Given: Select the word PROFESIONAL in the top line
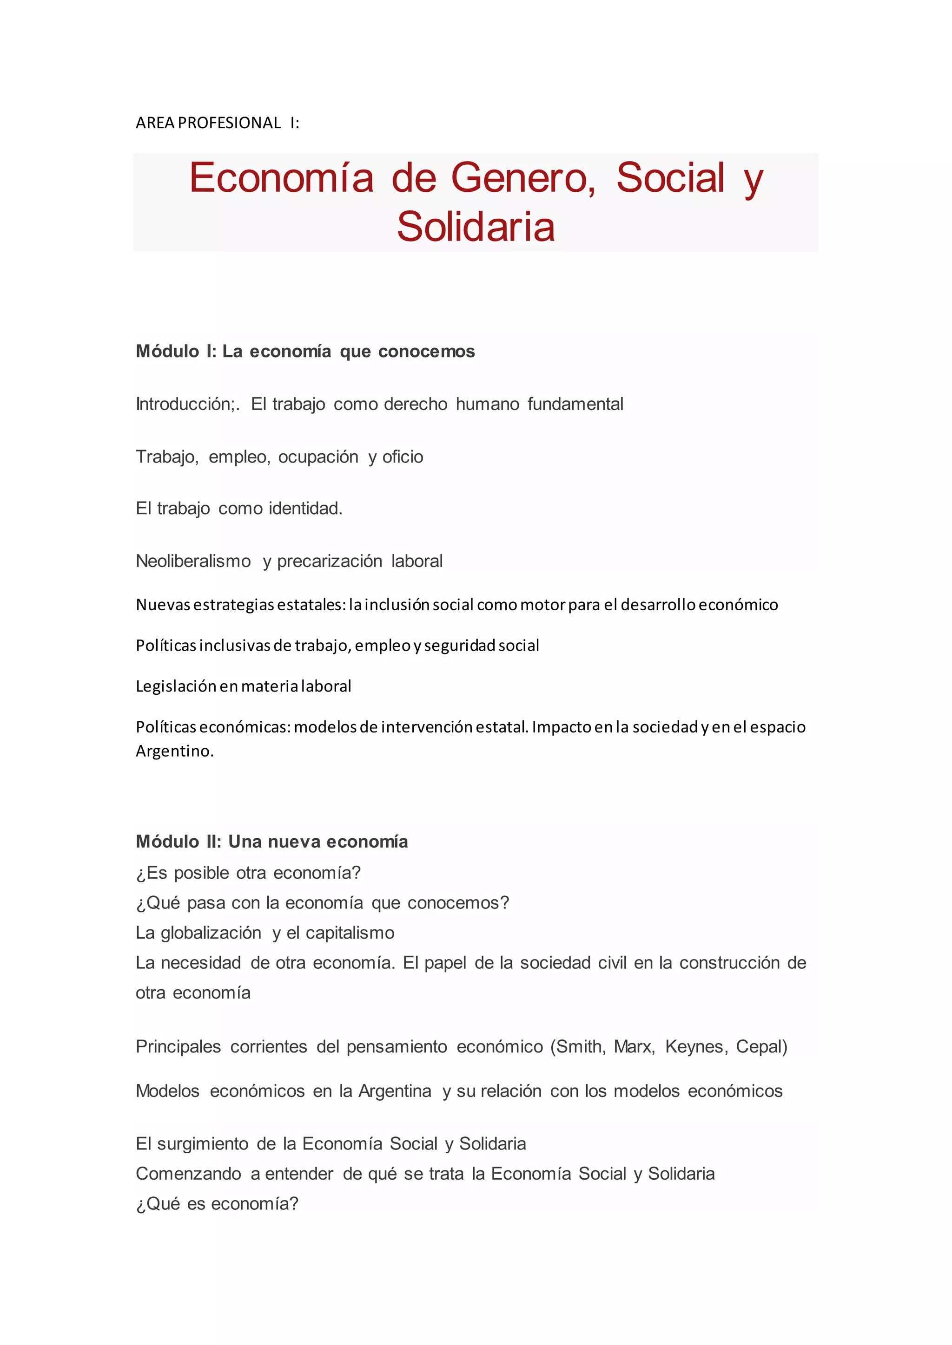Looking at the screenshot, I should coord(229,123).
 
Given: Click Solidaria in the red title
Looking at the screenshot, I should coord(476,227).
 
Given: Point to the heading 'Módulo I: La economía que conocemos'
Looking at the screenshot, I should coord(305,352).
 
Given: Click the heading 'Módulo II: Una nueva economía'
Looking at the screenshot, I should coord(271,842).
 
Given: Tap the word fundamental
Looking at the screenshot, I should coord(575,404).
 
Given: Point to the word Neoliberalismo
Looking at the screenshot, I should coord(193,561).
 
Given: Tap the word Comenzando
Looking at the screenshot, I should coord(188,1174).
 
